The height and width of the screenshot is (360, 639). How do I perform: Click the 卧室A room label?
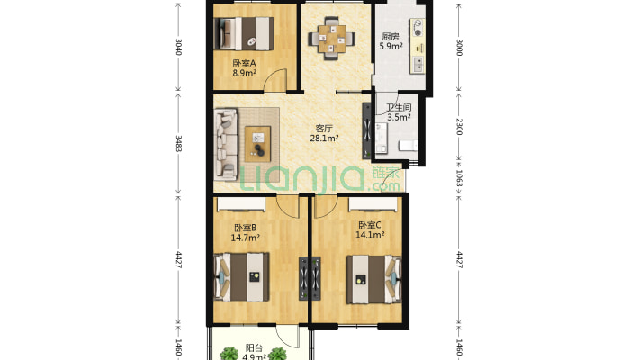[x=244, y=64]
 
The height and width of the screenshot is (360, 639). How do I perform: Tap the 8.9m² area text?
[x=244, y=74]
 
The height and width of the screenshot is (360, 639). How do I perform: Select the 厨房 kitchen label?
[x=391, y=37]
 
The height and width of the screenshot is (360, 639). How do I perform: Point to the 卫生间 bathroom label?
[x=399, y=108]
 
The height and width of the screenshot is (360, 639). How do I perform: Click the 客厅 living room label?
[x=324, y=129]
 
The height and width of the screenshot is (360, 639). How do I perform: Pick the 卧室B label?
[x=245, y=228]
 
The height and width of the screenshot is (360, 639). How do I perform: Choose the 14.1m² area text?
[x=370, y=235]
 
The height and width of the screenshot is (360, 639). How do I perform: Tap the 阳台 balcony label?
[x=254, y=348]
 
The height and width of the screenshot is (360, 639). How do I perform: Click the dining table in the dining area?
[x=332, y=39]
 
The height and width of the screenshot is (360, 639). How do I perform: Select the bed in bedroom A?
[x=244, y=33]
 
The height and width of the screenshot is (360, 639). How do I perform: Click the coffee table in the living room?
[x=257, y=144]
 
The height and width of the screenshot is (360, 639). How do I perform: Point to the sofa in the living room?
[x=226, y=144]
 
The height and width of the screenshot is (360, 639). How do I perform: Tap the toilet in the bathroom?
[x=409, y=146]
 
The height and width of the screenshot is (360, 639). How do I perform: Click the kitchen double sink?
[x=418, y=65]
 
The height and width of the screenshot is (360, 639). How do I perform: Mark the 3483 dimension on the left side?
[x=178, y=143]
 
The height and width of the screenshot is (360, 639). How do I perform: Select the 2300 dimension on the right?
[x=459, y=127]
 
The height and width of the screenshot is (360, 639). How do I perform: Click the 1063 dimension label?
[x=459, y=178]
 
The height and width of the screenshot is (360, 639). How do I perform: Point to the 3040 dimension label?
[x=178, y=47]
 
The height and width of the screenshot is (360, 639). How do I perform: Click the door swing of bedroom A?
[x=274, y=79]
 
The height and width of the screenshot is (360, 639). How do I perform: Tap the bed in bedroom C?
[x=373, y=279]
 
